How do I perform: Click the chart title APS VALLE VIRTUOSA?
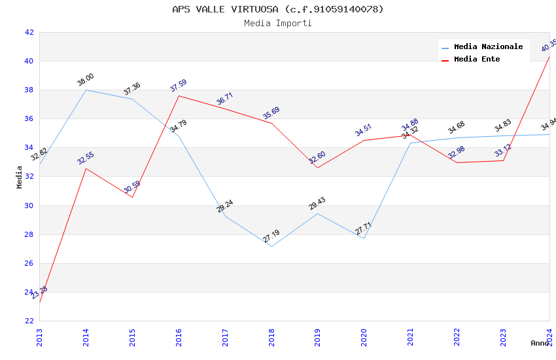(278, 9)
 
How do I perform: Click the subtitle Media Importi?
(278, 24)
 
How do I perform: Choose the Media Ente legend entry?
(477, 60)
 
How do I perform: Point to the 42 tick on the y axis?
(29, 32)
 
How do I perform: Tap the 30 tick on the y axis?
(29, 206)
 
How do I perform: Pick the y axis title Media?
(20, 177)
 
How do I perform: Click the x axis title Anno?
(540, 343)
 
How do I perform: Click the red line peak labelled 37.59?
(179, 96)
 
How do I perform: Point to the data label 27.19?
(271, 236)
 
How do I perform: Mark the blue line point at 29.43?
(318, 213)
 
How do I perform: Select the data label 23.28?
(39, 292)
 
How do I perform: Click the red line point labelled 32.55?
(86, 168)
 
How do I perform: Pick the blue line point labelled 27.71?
(364, 238)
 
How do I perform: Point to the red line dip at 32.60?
(318, 168)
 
